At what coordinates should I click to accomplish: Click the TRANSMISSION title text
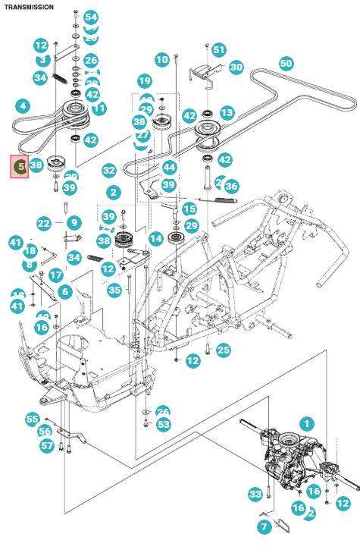29,6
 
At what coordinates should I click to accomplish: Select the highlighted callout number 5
20,165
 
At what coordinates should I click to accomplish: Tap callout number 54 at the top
91,17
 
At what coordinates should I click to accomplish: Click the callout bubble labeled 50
286,64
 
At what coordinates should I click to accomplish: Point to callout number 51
219,49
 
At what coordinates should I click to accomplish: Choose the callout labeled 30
236,67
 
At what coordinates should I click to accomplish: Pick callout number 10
161,59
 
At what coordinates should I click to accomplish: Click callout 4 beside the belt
23,105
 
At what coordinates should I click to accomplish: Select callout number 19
144,80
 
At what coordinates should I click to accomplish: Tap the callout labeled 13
227,112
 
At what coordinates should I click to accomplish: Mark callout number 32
109,171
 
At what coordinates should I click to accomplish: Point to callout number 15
189,209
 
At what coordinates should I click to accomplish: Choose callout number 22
43,223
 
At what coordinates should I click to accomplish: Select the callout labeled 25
223,350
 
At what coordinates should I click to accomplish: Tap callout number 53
164,424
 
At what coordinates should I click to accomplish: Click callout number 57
47,445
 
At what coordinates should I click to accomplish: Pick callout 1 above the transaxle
306,422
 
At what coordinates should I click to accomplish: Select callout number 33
255,495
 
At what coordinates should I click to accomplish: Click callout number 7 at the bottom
263,526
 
